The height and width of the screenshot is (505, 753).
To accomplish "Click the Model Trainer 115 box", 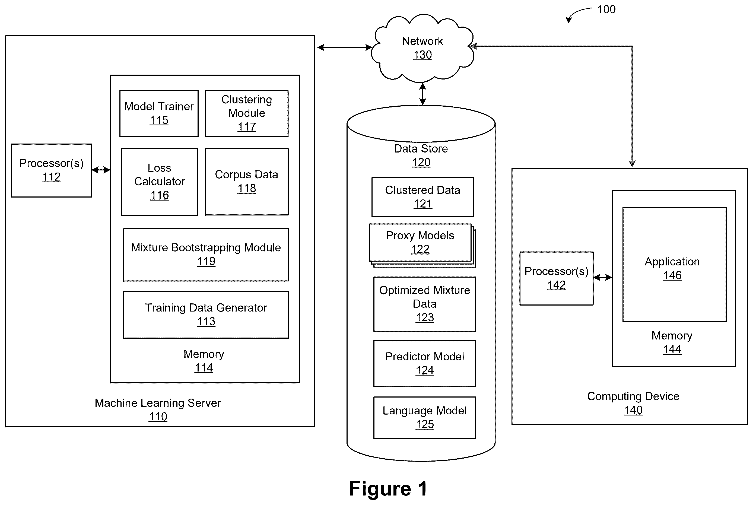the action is coord(159,113).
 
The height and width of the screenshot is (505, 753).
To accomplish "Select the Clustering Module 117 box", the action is coord(247,113).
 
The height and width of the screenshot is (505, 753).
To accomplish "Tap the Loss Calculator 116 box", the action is coord(160,182).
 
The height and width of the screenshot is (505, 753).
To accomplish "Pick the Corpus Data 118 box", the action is coord(247,182).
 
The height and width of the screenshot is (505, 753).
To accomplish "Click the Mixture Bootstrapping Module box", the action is coord(206,255).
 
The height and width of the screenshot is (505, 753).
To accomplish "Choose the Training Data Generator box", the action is coord(206,315).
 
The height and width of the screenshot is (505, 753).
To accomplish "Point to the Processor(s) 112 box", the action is coord(52,170).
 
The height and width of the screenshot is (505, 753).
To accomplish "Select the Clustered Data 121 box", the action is coord(422,197).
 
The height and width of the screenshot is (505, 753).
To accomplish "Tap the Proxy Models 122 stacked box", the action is coord(422,245).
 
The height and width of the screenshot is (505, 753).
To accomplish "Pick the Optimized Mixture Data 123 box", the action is coord(424,304).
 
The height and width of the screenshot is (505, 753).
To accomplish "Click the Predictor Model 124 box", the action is coord(424,364).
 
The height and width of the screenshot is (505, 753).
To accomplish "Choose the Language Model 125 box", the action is coord(424,418).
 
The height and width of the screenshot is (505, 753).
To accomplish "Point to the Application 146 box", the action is coord(674,264).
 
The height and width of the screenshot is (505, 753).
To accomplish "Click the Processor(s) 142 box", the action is coord(556,278).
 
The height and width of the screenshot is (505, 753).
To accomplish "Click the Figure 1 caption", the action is coord(388,488).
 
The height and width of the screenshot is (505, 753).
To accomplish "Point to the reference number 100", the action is coord(606,9).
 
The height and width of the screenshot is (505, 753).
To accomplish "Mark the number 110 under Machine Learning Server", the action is coord(158,417).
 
